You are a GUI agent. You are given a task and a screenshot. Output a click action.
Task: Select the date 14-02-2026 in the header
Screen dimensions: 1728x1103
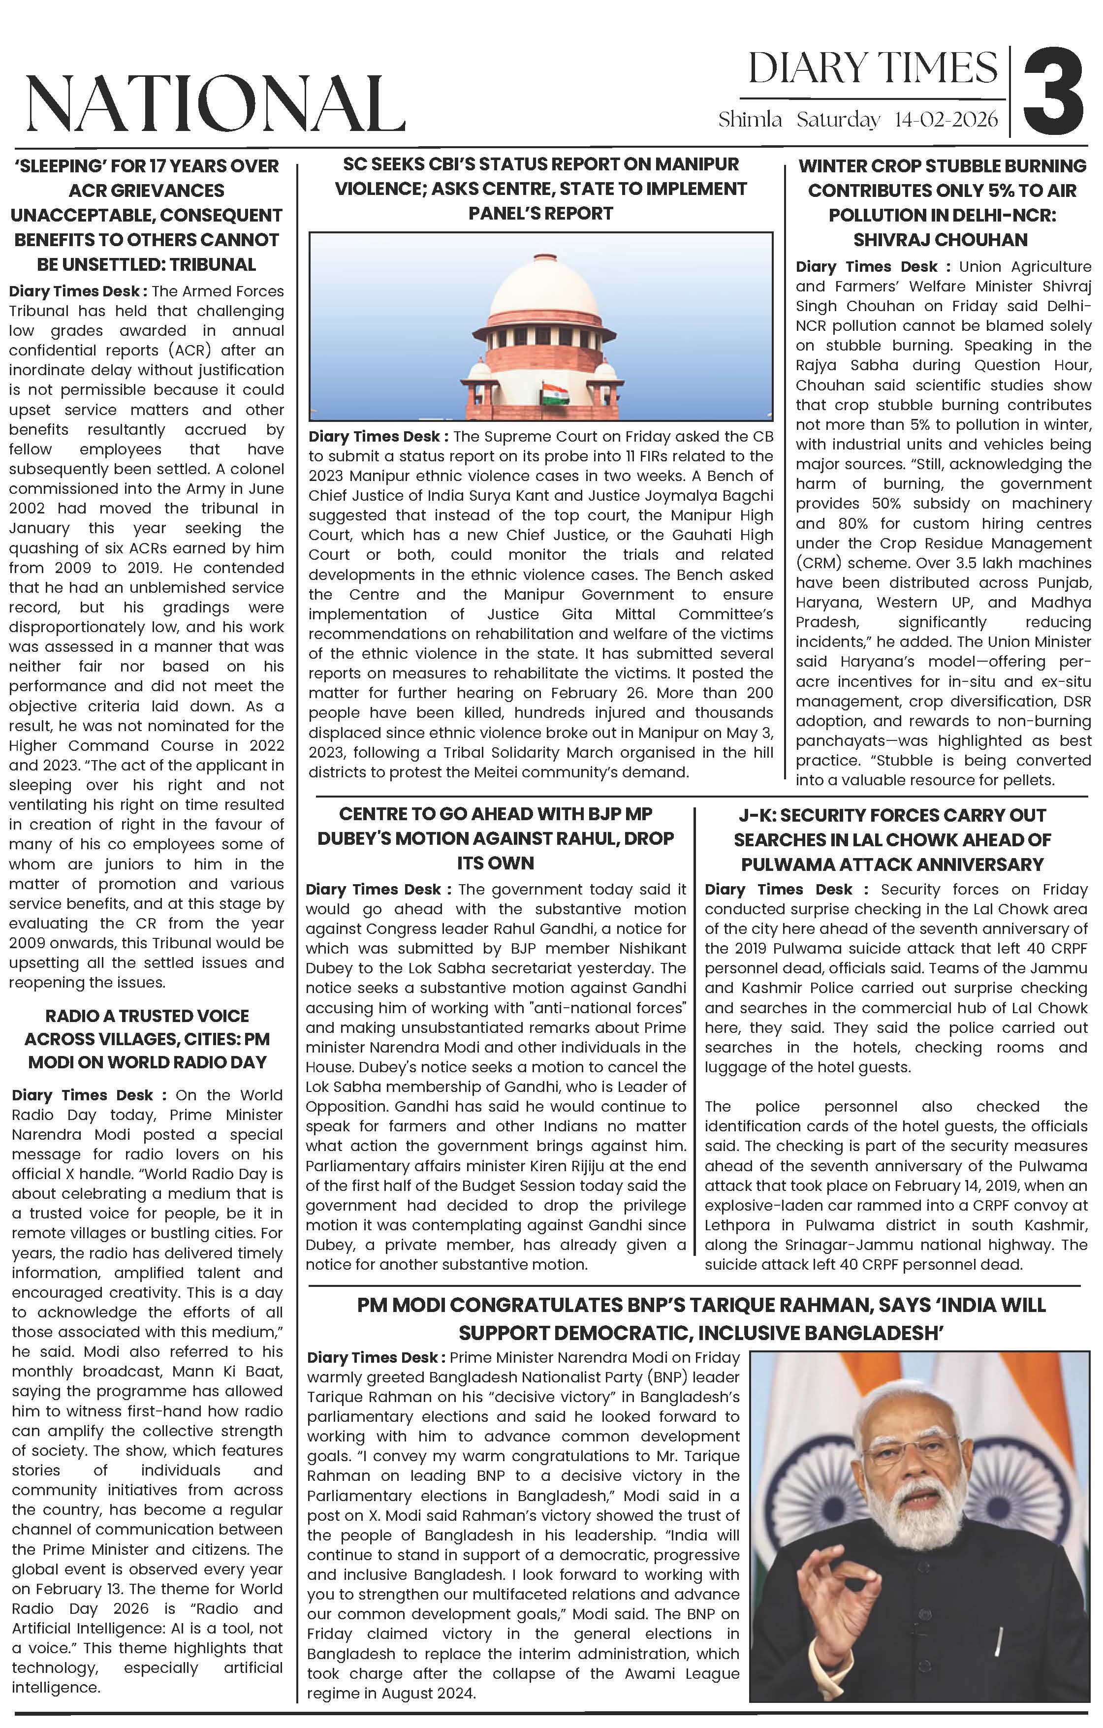[x=946, y=119]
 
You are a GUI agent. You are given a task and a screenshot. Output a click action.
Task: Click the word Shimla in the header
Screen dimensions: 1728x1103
[x=750, y=119]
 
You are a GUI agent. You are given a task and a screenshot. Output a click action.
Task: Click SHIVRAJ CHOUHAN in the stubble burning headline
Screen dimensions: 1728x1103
[x=940, y=240]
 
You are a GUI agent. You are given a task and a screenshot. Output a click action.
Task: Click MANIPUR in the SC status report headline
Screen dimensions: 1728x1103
[x=697, y=164]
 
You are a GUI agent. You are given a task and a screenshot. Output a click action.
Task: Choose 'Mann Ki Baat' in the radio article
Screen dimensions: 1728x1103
[x=235, y=1372]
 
